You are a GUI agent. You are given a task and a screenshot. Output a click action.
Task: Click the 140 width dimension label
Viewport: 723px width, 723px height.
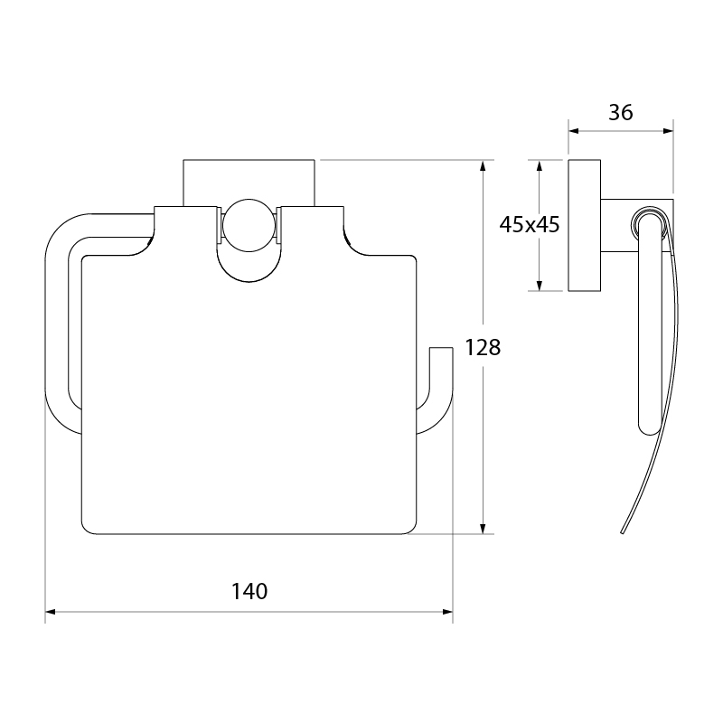tap(249, 592)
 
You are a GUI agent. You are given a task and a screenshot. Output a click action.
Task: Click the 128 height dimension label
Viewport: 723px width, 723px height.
tap(483, 348)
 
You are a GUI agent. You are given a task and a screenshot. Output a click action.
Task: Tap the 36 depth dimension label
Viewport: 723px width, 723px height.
tap(621, 112)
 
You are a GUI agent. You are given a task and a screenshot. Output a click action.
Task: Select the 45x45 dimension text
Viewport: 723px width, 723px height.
tap(530, 225)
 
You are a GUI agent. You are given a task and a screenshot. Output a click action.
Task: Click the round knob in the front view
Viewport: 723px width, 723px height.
tap(249, 225)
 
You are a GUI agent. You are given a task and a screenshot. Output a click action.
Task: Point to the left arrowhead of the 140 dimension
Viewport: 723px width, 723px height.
tap(51, 612)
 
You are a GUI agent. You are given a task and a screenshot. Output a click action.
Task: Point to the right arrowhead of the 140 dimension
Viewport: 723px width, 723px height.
tap(447, 612)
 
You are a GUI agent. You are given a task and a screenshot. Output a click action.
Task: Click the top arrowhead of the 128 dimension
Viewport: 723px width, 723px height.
tap(483, 166)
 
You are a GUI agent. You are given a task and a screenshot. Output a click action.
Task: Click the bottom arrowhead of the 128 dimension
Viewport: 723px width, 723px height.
tap(483, 529)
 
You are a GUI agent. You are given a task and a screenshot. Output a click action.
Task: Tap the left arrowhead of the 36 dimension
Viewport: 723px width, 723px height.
tap(574, 131)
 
